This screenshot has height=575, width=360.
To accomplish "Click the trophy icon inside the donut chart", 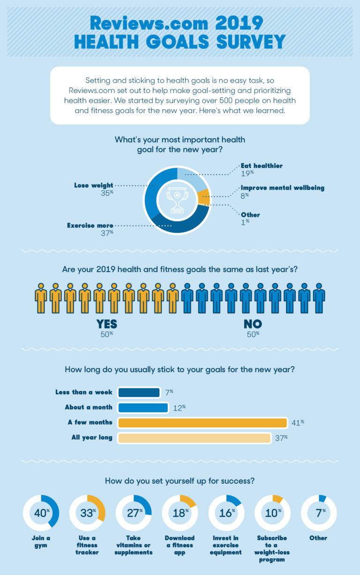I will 177,200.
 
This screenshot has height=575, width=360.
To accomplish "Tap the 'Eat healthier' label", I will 262,166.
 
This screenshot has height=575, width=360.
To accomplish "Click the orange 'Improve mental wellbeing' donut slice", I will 203,197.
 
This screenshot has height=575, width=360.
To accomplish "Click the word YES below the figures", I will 106,324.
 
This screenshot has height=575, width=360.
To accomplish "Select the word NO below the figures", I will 253,324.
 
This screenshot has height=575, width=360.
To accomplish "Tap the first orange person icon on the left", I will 41,298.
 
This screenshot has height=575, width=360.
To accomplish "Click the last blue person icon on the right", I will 319,298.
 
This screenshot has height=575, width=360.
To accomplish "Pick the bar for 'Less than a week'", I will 139,392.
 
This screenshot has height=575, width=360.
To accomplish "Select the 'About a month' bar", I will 143,407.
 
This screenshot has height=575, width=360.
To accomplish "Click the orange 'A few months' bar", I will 202,423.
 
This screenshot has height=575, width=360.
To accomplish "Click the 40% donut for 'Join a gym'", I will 41,513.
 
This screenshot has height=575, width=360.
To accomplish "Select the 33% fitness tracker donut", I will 87,513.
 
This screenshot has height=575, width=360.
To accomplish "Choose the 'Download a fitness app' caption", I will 180,545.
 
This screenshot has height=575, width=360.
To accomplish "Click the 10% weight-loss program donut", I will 272,513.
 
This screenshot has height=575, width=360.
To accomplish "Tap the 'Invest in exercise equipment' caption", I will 226,545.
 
